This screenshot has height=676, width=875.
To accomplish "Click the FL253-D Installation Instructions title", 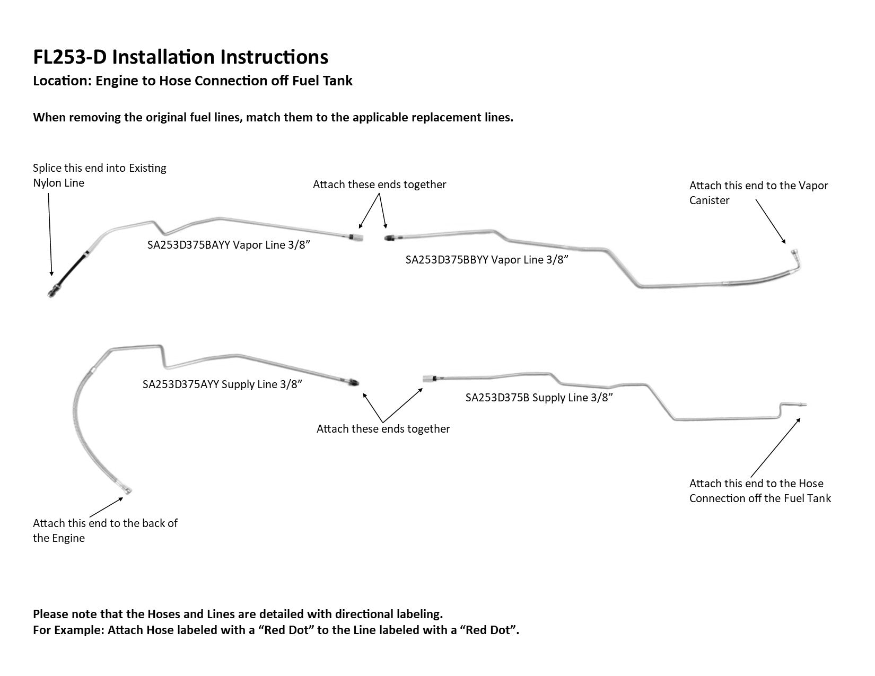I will pyautogui.click(x=180, y=57).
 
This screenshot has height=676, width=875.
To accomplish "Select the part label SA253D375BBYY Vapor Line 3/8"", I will pyautogui.click(x=487, y=260).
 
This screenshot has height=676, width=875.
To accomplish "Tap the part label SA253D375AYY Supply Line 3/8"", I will pyautogui.click(x=222, y=384).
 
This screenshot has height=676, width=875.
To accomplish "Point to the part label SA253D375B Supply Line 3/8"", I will pyautogui.click(x=539, y=398).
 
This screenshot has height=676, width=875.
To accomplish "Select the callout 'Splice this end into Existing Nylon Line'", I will pyautogui.click(x=99, y=175).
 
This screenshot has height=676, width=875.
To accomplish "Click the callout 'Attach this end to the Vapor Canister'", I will pyautogui.click(x=758, y=193).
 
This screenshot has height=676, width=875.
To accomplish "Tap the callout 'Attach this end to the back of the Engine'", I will pyautogui.click(x=105, y=531).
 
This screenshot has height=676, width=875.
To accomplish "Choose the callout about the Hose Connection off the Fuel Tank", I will pyautogui.click(x=760, y=491).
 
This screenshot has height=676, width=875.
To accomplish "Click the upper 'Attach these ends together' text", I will pyautogui.click(x=379, y=185).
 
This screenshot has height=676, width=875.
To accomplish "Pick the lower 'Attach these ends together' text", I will pyautogui.click(x=383, y=429).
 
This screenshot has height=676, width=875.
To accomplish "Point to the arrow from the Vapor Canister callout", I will pyautogui.click(x=771, y=221).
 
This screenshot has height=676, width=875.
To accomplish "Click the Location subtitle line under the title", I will pyautogui.click(x=192, y=81).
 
